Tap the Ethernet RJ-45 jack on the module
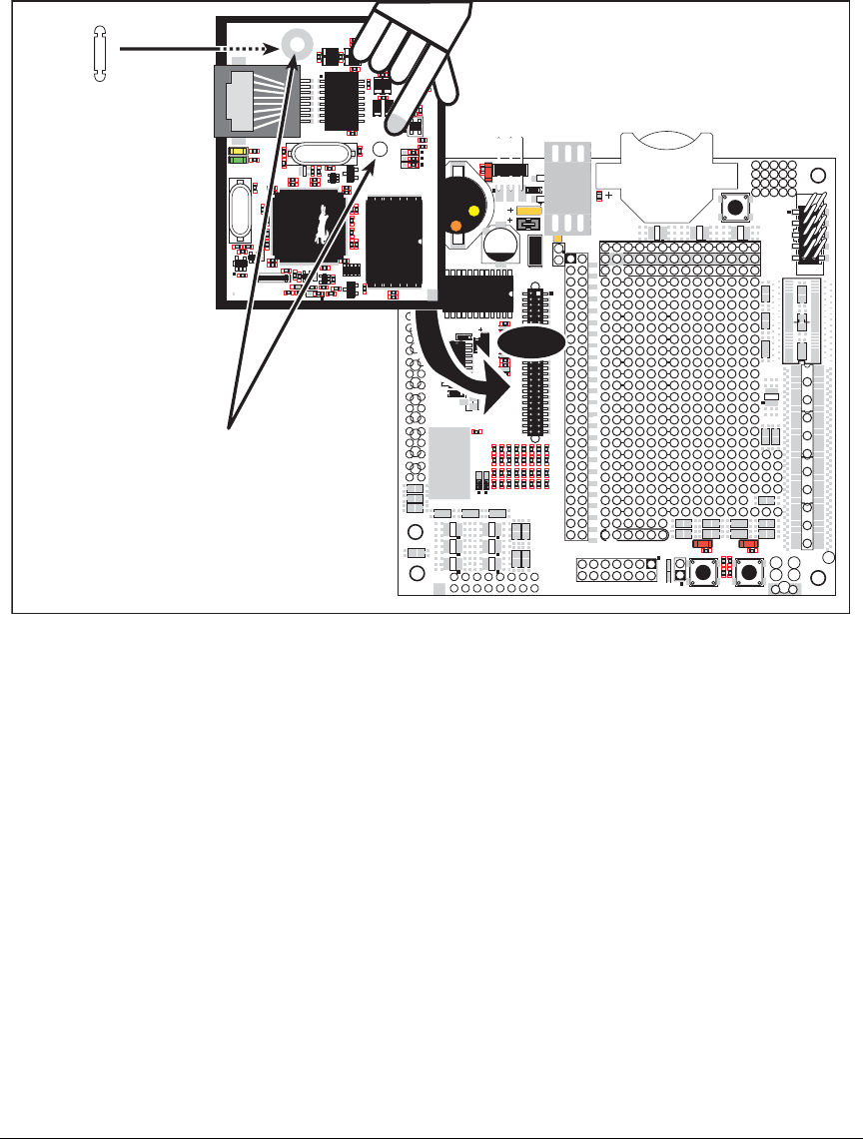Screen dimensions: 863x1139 pos(256,102)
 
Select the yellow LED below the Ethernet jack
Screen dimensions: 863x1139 pos(238,149)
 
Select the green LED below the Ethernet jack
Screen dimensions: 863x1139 pos(238,158)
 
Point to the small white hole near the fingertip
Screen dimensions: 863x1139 pos(380,149)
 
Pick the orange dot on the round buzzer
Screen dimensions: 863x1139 pos(455,226)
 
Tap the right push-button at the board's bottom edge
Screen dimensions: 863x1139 pos(749,572)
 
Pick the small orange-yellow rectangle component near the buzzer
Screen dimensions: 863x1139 pos(530,211)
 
